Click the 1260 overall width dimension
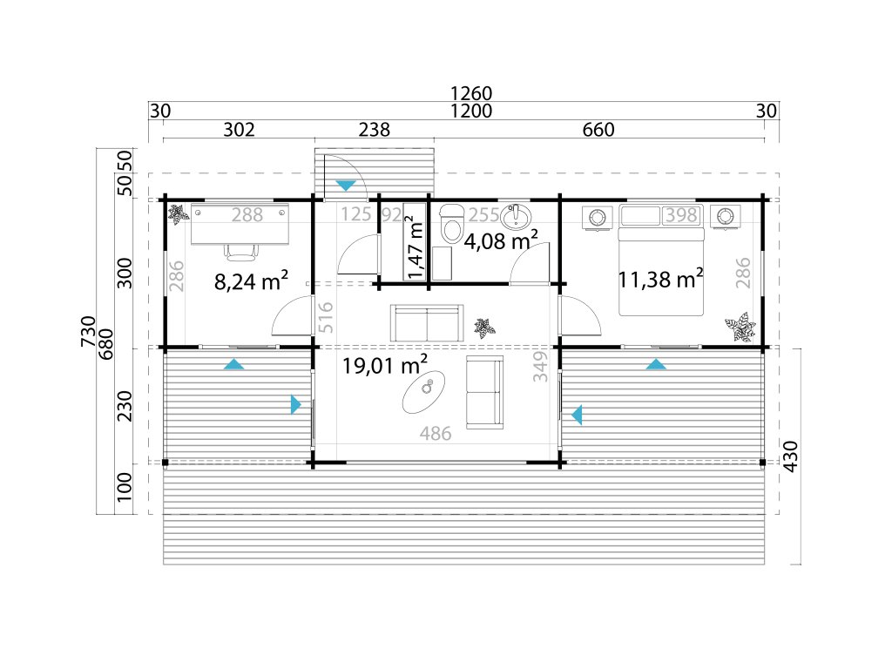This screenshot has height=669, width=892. tap(470, 92)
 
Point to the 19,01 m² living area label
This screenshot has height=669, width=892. tap(384, 364)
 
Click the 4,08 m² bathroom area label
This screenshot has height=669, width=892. tap(501, 240)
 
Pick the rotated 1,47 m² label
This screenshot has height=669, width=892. tap(416, 242)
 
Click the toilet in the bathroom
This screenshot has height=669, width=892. tap(452, 223)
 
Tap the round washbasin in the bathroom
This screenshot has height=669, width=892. tap(516, 217)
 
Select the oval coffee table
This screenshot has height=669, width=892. tap(425, 392)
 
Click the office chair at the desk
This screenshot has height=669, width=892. tap(241, 251)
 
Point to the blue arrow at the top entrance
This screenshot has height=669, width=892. tap(345, 186)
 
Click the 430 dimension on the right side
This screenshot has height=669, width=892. tap(791, 456)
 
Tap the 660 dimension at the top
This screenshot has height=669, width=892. tap(598, 130)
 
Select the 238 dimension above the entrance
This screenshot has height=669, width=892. tap(375, 130)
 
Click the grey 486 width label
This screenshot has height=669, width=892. tap(436, 434)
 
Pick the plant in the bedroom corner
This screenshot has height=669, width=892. tap(740, 328)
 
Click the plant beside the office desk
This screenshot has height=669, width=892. tap(179, 214)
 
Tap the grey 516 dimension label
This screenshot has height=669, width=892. tap(325, 317)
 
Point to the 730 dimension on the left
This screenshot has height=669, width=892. tap(88, 331)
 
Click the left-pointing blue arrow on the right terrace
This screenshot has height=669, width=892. tap(577, 415)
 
